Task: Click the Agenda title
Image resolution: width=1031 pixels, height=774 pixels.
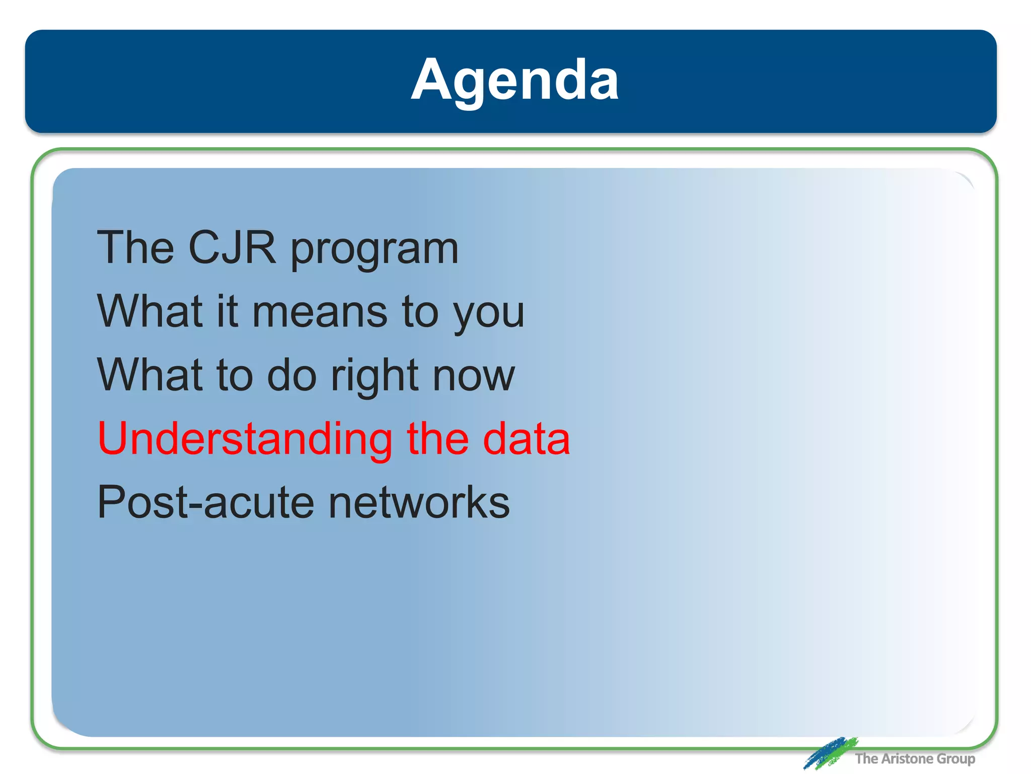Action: (514, 80)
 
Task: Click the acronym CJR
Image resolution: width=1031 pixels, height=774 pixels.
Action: (232, 247)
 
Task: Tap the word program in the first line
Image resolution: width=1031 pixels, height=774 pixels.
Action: (375, 250)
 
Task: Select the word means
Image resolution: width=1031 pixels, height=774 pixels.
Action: (320, 312)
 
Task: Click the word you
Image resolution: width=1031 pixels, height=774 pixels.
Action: (488, 315)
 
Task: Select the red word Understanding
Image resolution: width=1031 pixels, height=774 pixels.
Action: (245, 439)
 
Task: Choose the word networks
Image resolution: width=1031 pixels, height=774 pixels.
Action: (419, 502)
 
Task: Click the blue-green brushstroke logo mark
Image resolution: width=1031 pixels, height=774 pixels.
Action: (829, 753)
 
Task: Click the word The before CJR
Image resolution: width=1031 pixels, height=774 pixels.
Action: (135, 247)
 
